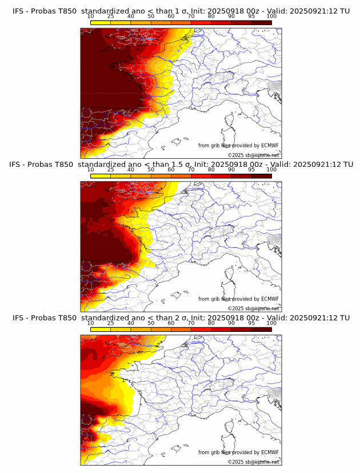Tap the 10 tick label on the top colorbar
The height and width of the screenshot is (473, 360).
pyautogui.click(x=90, y=17)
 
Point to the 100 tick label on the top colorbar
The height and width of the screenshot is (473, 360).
pyautogui.click(x=271, y=17)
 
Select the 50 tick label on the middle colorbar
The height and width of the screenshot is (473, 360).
pyautogui.click(x=151, y=170)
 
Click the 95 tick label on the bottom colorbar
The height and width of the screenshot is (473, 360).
pyautogui.click(x=251, y=323)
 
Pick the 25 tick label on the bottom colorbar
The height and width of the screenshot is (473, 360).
pyautogui.click(x=110, y=323)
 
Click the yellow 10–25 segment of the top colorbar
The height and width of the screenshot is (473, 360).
pyautogui.click(x=101, y=22)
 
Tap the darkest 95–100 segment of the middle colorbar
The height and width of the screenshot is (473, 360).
pyautogui.click(x=262, y=176)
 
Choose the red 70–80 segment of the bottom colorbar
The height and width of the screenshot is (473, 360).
pyautogui.click(x=201, y=330)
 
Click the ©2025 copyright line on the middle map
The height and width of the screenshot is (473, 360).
pyautogui.click(x=253, y=308)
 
